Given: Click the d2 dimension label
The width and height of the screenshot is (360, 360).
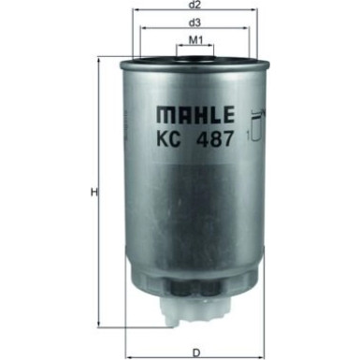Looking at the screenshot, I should [194, 6].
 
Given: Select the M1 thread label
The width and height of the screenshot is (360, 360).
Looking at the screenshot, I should [194, 40].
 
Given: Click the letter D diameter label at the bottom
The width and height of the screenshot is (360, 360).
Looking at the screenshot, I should [194, 353].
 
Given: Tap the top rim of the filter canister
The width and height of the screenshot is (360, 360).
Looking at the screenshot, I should [194, 60].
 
